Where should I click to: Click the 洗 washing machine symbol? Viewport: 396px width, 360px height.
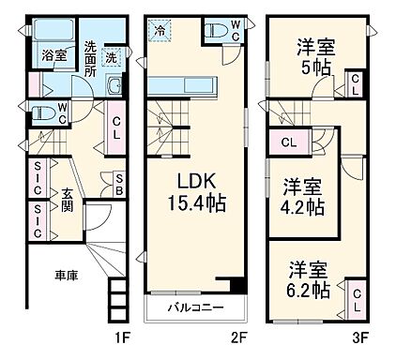[x=112, y=56]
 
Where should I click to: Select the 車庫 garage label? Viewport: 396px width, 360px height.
[x=65, y=276]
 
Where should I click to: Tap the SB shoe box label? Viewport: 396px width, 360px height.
[x=119, y=183]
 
